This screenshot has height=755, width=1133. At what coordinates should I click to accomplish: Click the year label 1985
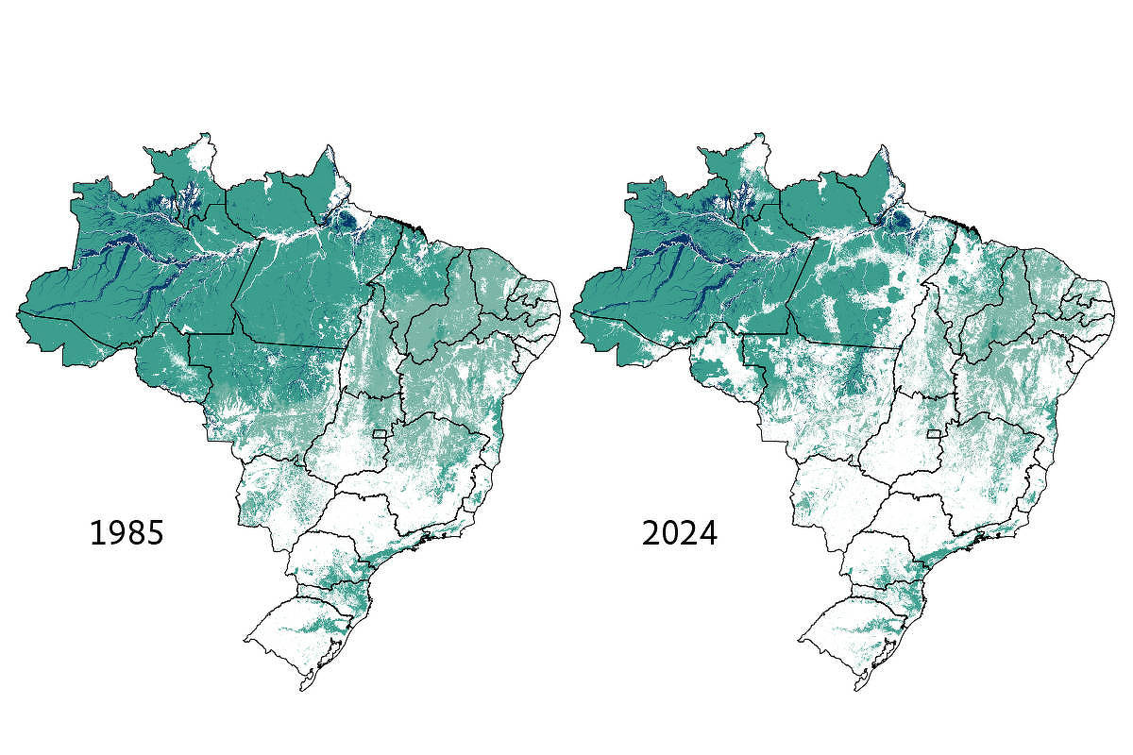click(127, 533)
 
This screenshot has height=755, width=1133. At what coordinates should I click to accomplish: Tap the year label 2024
click(680, 533)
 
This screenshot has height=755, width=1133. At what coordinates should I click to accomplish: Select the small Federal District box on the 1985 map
click(380, 434)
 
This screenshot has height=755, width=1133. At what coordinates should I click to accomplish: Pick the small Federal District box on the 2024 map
click(935, 434)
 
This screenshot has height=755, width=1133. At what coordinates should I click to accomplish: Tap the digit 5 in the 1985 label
click(156, 533)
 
